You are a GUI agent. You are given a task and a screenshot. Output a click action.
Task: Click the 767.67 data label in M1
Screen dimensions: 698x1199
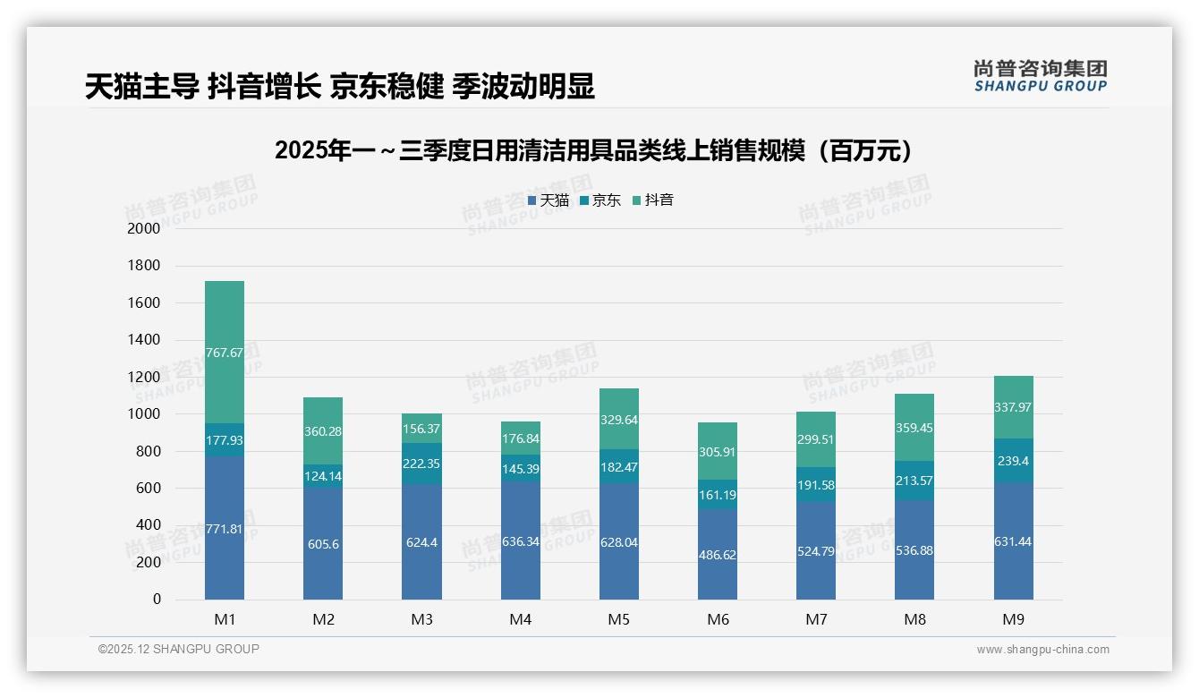224,353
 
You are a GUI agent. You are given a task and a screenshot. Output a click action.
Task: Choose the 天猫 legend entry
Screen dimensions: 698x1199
548,200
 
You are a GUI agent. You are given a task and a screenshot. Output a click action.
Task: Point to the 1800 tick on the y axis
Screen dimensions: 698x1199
144,266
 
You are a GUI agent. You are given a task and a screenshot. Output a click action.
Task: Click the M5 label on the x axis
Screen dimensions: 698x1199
618,619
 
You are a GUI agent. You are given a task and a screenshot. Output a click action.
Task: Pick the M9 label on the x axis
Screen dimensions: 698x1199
1013,619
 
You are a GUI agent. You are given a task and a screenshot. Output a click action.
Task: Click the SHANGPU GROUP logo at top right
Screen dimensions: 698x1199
1040,76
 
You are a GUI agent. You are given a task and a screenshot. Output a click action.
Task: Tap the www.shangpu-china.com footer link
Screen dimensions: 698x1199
1042,650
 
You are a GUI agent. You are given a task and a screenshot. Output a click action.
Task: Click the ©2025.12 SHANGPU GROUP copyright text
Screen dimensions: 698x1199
179,649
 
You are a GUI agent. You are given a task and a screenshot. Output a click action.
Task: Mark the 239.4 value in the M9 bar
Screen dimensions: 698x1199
1013,461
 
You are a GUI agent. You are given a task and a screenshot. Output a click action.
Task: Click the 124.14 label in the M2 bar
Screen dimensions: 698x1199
323,476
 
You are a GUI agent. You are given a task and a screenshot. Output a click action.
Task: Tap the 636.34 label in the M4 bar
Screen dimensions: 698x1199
520,541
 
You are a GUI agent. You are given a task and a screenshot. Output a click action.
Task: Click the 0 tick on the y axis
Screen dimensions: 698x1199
157,600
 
